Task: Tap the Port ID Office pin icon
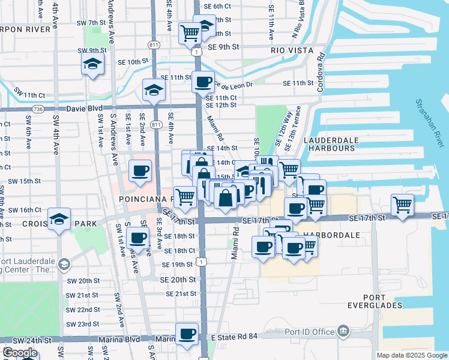click(343, 330)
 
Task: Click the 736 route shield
click(38, 109)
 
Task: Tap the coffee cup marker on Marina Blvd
click(187, 334)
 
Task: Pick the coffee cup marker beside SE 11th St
click(203, 82)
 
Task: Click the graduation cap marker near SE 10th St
click(92, 64)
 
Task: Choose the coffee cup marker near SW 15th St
click(140, 171)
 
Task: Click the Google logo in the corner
click(20, 353)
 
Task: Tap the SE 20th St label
click(178, 280)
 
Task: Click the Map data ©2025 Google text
click(412, 355)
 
